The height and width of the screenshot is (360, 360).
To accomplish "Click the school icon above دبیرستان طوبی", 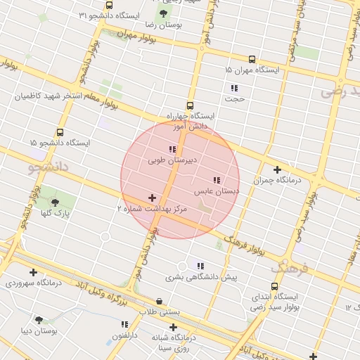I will pos(172,149).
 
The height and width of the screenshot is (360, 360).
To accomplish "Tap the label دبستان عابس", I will pos(217,191).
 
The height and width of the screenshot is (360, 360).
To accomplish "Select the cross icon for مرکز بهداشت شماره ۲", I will pos(152,198).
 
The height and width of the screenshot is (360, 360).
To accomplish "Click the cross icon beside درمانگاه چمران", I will pos(277,169).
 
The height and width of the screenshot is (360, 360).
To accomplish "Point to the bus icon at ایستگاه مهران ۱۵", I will pos(252,60).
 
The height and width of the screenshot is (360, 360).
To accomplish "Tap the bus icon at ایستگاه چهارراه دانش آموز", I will pos(190,105).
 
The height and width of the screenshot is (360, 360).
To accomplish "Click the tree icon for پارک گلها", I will pos(56,200).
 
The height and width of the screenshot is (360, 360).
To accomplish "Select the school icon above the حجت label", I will pos(234,88).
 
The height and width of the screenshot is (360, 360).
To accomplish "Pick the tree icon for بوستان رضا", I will pos(164,13).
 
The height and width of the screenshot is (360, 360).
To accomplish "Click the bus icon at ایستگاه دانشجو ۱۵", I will pos(60,132).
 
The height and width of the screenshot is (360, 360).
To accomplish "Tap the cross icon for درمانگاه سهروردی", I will pos(33,272).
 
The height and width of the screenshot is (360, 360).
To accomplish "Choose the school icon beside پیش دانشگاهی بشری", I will pos(200,266).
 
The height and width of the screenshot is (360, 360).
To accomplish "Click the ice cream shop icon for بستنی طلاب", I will pos(160,301).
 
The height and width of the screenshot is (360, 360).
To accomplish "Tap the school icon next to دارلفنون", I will pos(124,325).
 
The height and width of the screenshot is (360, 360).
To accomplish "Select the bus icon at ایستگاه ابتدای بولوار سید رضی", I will pos(274,286).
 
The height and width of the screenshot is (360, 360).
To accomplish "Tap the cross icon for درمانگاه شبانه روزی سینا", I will pos(173,327).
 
